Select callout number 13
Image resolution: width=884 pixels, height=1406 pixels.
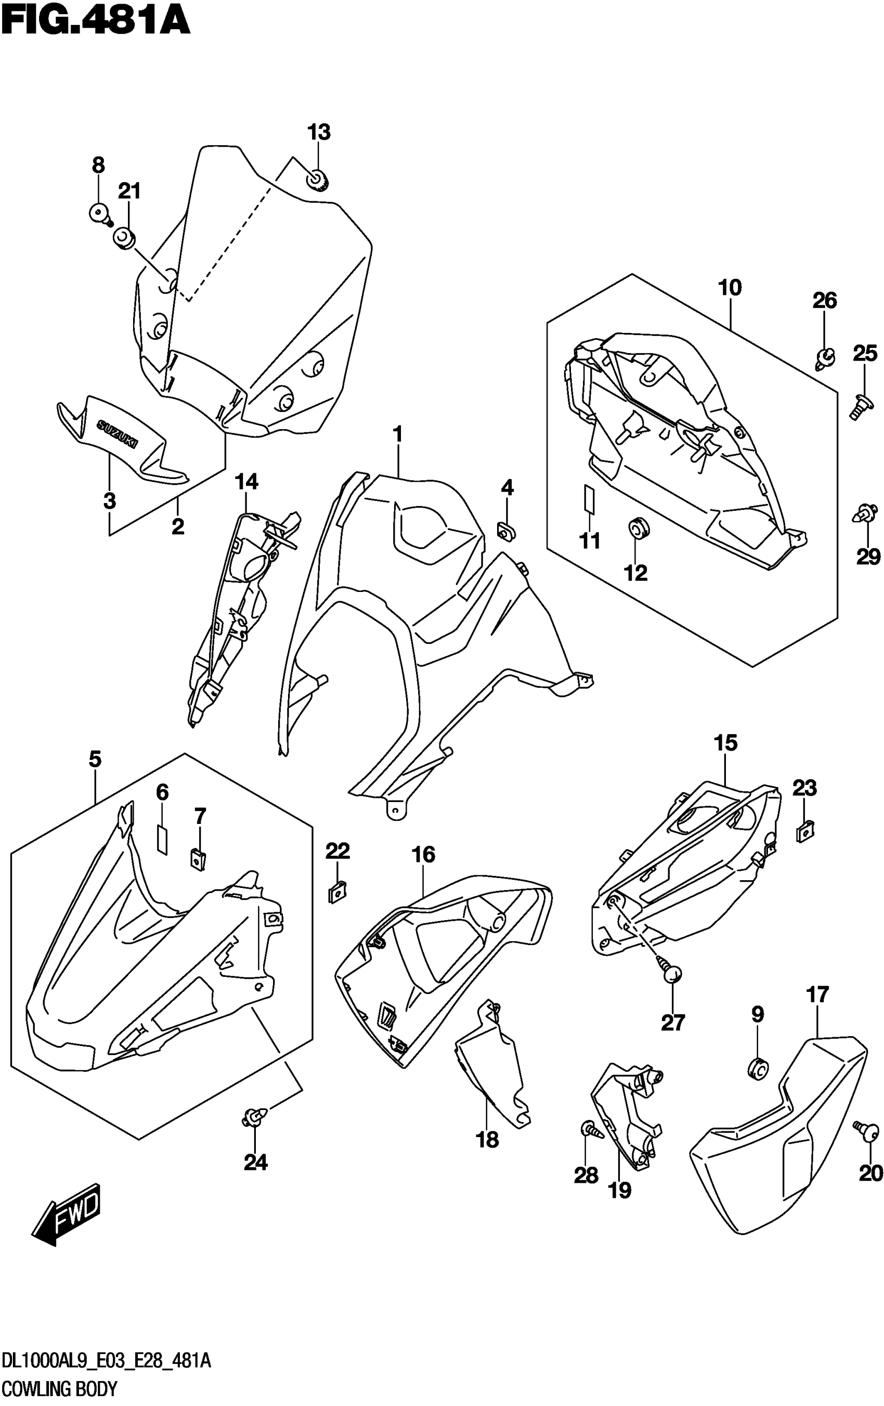tap(319, 133)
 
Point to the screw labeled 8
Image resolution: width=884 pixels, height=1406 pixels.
tap(100, 214)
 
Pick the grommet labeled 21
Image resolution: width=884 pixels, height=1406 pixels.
tap(124, 238)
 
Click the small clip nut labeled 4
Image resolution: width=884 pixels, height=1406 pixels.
tap(505, 530)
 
